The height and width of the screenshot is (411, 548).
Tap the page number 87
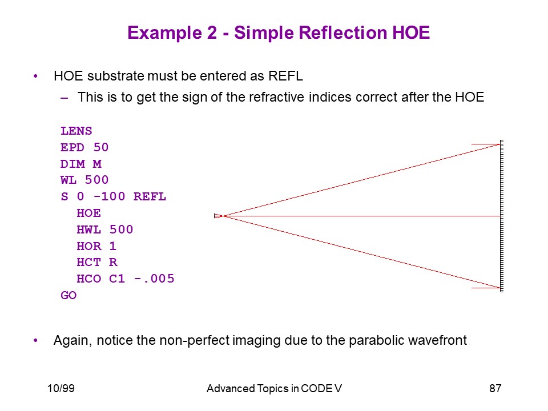coord(495,388)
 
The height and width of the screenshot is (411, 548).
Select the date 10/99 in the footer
coord(61,388)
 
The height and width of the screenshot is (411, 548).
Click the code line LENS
coord(76,131)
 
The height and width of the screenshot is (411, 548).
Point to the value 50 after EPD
coord(101,147)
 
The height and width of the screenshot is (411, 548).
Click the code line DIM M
coord(80,164)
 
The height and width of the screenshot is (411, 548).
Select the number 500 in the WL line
coord(97,180)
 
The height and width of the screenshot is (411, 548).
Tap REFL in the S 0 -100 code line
coord(150,196)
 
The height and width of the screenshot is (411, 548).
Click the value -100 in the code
coord(110,196)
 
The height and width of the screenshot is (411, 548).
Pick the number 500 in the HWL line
coord(121,229)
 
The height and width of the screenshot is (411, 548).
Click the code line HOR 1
coord(96,246)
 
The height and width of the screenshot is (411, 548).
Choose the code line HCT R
coord(97,262)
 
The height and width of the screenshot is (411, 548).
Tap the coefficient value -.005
coord(154,279)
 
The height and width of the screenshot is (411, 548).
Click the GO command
coord(68,295)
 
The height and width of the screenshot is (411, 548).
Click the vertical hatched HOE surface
coord(502,216)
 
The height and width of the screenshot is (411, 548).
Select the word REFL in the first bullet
coord(285,76)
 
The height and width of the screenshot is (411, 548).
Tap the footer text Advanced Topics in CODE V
coord(274,388)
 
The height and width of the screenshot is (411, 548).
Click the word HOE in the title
coord(411,33)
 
